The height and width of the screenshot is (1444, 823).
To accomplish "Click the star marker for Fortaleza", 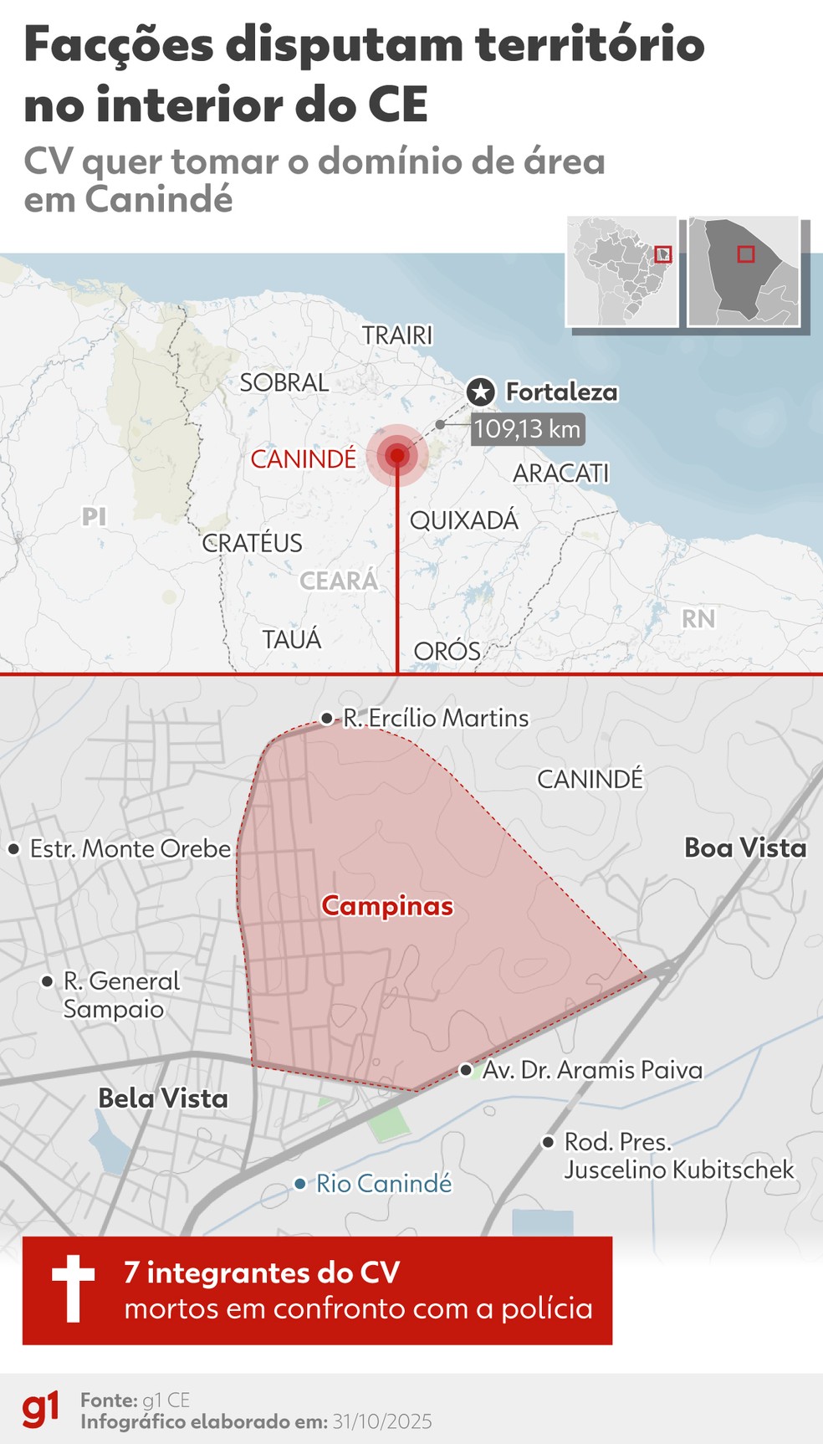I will click(x=480, y=392).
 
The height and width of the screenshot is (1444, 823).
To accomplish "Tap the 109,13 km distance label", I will click(x=527, y=430).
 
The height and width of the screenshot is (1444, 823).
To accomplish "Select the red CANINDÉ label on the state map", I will click(x=304, y=459).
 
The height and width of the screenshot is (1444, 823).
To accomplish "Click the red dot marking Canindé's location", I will click(x=397, y=455).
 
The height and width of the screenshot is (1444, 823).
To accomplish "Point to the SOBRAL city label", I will click(x=284, y=383).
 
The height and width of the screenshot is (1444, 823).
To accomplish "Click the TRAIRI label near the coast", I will click(x=397, y=335).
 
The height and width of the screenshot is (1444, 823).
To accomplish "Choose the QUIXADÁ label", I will click(x=464, y=520).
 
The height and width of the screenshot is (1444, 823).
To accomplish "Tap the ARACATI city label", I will click(x=560, y=474).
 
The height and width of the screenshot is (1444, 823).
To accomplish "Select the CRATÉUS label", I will click(x=252, y=543).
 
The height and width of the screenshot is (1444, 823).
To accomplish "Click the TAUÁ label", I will click(x=291, y=640).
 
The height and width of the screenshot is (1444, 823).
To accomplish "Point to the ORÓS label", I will click(x=447, y=652).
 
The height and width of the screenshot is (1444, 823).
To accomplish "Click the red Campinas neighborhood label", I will click(x=387, y=906).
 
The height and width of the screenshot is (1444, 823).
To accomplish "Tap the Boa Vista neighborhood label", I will click(x=745, y=848).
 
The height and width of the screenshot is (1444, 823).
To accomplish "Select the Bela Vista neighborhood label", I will click(x=163, y=1098).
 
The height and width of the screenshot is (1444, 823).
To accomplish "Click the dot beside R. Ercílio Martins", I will click(x=327, y=719).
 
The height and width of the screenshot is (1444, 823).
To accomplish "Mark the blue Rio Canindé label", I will click(x=384, y=1184).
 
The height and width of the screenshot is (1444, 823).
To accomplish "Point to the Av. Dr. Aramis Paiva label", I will click(x=592, y=1070).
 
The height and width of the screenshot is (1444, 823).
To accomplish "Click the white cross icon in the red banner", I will click(x=74, y=1288).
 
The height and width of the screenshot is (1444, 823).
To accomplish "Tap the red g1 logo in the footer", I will click(x=41, y=1409).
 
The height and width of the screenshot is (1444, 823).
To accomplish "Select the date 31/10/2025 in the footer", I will click(x=382, y=1421).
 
